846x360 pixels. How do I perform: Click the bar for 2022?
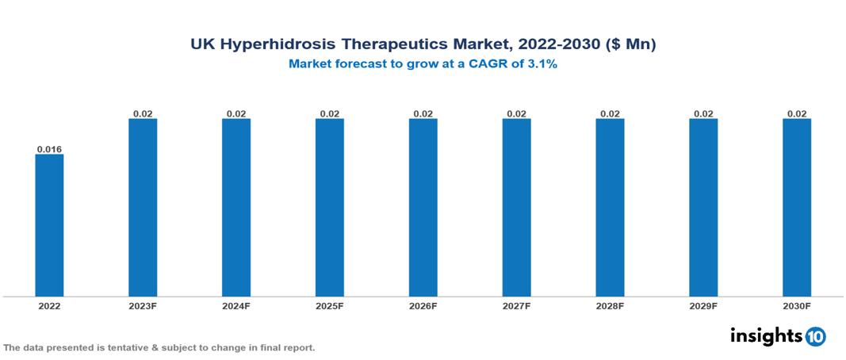pos(49,225)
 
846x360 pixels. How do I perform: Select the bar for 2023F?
pos(143,208)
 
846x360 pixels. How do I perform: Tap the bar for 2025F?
pos(330,208)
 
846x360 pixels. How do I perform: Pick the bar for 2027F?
pos(516,208)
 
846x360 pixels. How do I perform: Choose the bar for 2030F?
pos(797,208)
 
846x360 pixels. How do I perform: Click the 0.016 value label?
pos(49,149)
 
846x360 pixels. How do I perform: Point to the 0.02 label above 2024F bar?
pos(236,114)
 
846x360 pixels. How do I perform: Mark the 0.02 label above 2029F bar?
pos(703,114)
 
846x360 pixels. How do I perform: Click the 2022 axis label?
pos(49,306)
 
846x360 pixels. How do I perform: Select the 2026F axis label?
pos(423,306)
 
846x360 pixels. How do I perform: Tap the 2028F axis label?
pos(610,306)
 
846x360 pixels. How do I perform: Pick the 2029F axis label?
pos(703,306)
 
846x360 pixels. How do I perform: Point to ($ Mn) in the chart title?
pos(630,45)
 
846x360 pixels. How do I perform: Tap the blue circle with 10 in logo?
pos(815,336)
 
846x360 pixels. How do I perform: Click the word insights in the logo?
pos(766,335)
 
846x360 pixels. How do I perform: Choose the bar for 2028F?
pos(610,208)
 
